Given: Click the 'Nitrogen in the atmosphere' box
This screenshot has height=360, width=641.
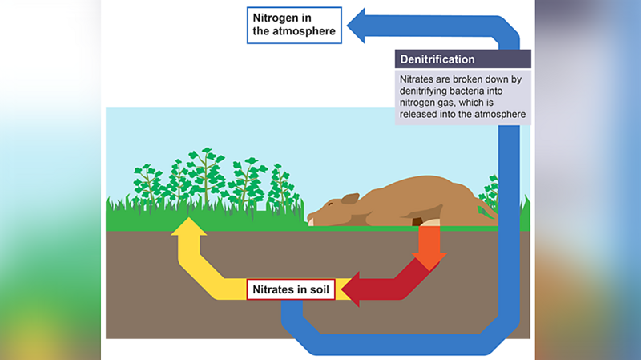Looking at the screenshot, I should point(294,25).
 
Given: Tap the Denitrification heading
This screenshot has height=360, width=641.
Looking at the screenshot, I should point(438,59).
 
